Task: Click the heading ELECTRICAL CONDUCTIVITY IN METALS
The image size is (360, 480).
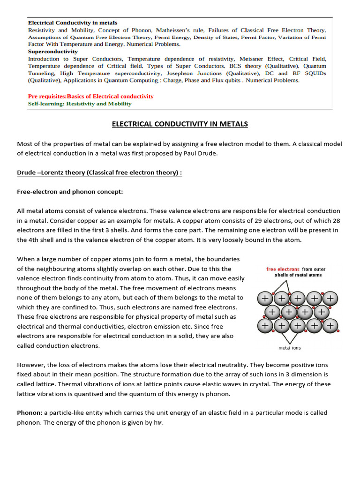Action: click(x=180, y=124)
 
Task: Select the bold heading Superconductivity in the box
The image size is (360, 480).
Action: click(x=53, y=52)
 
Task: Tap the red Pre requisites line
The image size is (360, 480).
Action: click(x=91, y=96)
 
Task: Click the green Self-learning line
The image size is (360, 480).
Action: click(x=80, y=104)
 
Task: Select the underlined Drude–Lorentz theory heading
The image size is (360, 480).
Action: click(x=99, y=172)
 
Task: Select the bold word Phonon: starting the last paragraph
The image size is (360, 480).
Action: click(x=30, y=412)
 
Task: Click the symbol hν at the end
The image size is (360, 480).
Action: click(x=159, y=423)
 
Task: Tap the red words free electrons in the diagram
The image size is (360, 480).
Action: click(x=283, y=269)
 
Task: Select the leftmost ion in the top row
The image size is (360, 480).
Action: click(x=265, y=298)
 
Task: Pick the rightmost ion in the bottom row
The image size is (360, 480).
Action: click(x=330, y=325)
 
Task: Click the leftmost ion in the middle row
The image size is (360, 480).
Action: click(x=273, y=312)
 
